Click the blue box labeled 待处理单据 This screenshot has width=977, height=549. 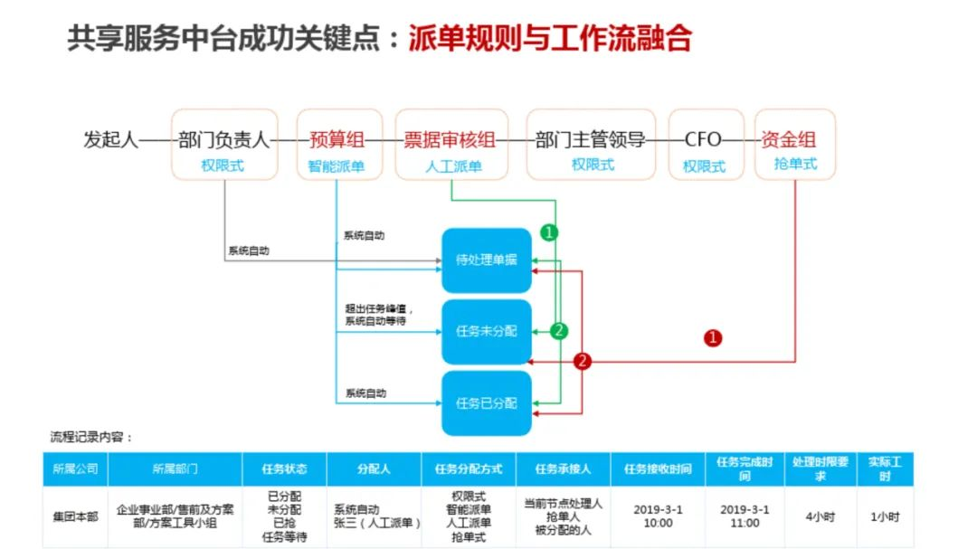pos(487,260)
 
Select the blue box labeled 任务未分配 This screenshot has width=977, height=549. pos(487,331)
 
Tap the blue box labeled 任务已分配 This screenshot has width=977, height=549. pos(487,402)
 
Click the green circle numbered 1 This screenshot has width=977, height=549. pos(549,232)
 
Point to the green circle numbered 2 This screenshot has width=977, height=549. pos(560,331)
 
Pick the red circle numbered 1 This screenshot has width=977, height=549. pos(714,338)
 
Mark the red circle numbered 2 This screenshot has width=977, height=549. pos(583,361)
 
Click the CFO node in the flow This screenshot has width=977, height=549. pos(703,139)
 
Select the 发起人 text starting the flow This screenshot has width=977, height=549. pos(110,140)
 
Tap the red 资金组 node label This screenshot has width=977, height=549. pos(788,139)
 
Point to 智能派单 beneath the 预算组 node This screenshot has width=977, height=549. pos(336,167)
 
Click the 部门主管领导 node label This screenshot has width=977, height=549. pos(591,139)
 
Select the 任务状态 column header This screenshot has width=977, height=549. pos(284,469)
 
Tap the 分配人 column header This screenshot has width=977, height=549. pos(375,469)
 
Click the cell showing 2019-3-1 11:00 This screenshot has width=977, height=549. pos(745,516)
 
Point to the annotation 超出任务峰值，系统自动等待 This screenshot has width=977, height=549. pos(379,315)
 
